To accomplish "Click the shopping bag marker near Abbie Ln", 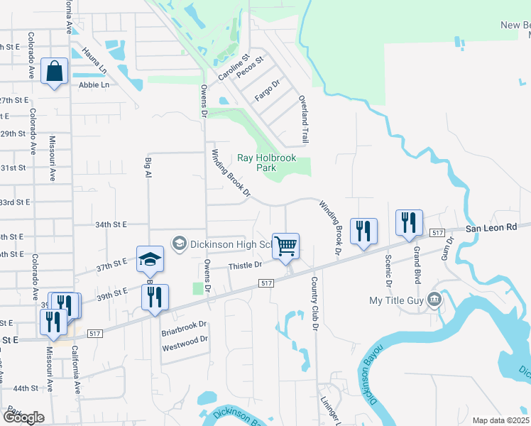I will (x=54, y=71).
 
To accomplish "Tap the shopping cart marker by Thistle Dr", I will (x=285, y=246).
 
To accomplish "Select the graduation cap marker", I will (x=150, y=260).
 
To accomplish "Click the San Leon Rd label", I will (x=491, y=229).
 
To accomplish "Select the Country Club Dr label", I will (x=314, y=303).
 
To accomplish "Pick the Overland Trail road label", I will (x=304, y=120).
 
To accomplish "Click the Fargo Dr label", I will (x=269, y=92).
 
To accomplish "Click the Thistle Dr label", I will (x=246, y=265).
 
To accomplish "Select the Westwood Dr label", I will (x=185, y=339).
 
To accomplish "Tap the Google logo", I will (x=23, y=417).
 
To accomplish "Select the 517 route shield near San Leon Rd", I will (x=437, y=233).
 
